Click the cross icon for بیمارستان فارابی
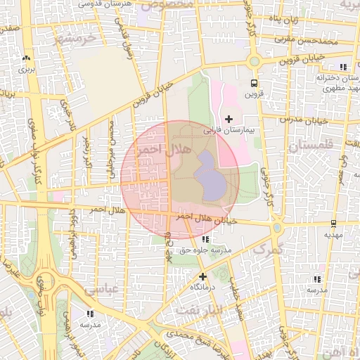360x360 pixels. tap(229, 120)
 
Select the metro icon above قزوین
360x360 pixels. tap(254, 83)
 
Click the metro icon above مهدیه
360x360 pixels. tap(333, 224)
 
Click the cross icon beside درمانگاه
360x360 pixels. tap(202, 276)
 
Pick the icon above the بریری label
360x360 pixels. tap(26, 59)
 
